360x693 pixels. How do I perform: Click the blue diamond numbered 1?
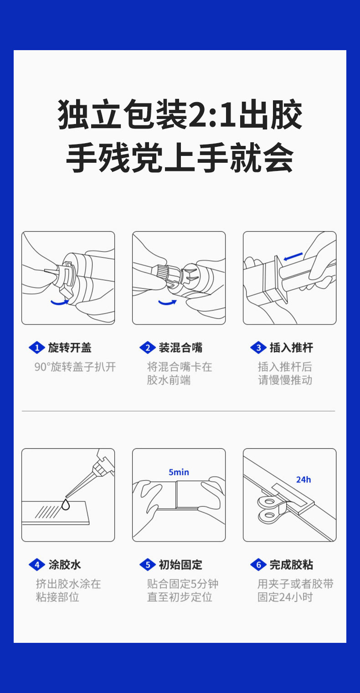[37, 348]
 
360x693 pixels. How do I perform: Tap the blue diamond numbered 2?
[148, 348]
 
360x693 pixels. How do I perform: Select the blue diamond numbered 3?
[258, 348]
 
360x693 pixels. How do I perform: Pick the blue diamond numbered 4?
[37, 565]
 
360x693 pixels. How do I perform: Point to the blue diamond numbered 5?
[148, 565]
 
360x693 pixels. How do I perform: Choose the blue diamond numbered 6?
[258, 565]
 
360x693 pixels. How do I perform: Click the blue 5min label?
[179, 472]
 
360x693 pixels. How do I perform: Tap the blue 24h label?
[303, 480]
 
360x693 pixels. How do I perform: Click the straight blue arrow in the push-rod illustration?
[293, 256]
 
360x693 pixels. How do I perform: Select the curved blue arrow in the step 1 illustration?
[60, 303]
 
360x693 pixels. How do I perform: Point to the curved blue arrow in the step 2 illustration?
[167, 303]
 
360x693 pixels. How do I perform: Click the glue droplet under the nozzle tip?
[66, 504]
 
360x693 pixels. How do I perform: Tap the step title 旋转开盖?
[70, 348]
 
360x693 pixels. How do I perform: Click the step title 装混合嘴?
[180, 348]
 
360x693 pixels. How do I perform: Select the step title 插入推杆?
[291, 348]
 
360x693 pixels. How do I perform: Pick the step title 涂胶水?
[64, 565]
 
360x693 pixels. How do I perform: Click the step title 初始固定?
[180, 565]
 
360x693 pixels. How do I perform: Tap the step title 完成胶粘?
[291, 565]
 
